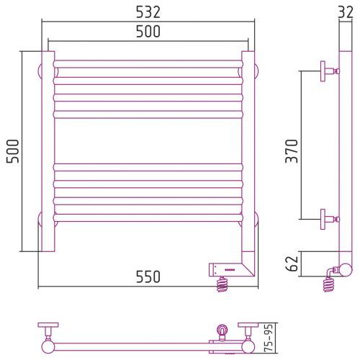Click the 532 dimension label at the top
tap(148, 12)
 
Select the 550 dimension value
tap(148, 276)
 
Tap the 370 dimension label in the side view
tap(292, 151)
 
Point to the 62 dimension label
tap(292, 264)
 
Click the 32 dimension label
tap(346, 12)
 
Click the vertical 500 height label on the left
tap(12, 151)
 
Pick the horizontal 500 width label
tap(148, 32)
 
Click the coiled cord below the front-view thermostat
tap(222, 284)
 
